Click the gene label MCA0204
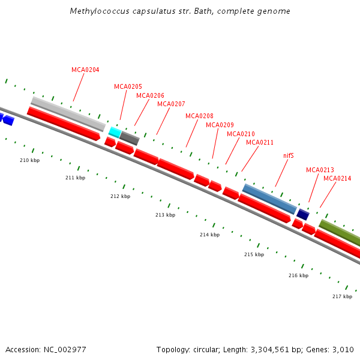[85, 70]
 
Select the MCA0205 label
[128, 86]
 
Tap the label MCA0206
[150, 95]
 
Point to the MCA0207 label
[171, 104]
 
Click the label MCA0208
[199, 116]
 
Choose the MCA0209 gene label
[220, 125]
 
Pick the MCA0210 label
[241, 134]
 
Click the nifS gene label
[289, 155]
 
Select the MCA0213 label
[320, 170]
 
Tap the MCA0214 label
[337, 178]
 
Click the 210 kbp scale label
[30, 160]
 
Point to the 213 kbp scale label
[165, 215]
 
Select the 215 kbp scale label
[254, 254]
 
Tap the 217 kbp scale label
[342, 296]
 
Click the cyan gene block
[115, 132]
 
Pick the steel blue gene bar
[269, 199]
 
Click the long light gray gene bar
[68, 113]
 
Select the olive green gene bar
[340, 233]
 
